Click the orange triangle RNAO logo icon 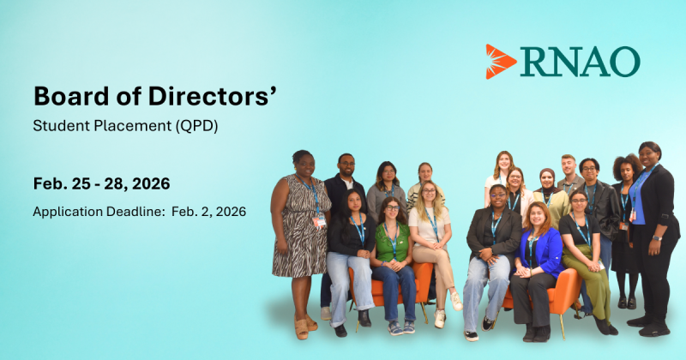pos(500,61)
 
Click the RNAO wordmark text pos(580,62)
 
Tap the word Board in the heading pos(71,96)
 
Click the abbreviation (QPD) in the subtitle pos(196,126)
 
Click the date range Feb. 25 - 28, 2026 pos(101,183)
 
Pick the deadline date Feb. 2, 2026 pos(208,212)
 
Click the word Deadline pos(136,212)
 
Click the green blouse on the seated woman pos(392,243)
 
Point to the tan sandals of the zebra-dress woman pos(305,327)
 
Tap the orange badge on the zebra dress pos(319,222)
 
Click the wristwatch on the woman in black pos(656,238)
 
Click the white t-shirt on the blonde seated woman pos(429,226)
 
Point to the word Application pos(68,213)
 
